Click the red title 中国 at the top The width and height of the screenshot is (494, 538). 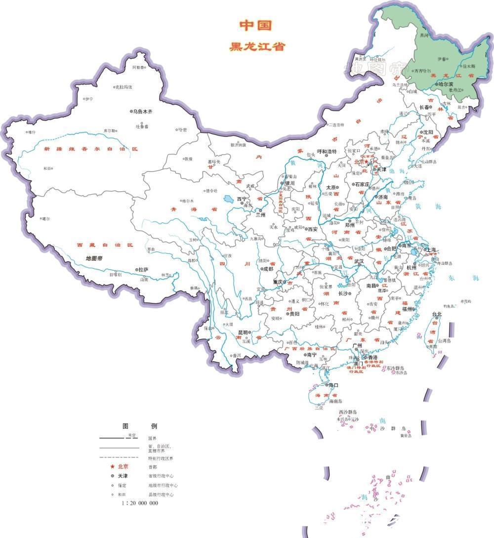(x=256, y=25)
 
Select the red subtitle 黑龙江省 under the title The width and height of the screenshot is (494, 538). (x=257, y=47)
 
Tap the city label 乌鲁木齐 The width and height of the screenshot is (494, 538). (x=143, y=112)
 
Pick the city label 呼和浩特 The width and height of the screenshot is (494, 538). (x=327, y=151)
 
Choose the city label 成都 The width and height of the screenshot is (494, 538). (x=268, y=269)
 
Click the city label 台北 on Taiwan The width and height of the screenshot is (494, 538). (x=437, y=314)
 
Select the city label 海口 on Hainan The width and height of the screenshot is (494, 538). (x=332, y=385)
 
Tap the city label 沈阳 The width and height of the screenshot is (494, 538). (x=428, y=132)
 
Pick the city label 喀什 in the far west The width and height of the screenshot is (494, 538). (x=32, y=132)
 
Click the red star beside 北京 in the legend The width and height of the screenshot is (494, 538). (x=112, y=466)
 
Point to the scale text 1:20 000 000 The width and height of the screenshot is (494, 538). (x=140, y=503)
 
